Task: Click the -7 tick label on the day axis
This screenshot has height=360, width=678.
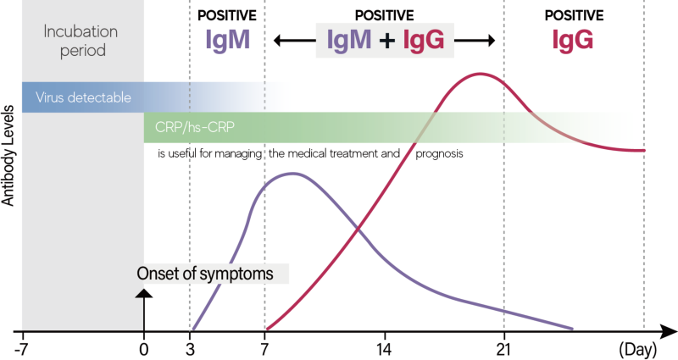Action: [22, 348]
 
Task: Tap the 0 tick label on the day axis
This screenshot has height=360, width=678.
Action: [144, 348]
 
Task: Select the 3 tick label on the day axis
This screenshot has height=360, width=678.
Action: [190, 348]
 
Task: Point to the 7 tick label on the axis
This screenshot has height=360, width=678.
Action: [265, 348]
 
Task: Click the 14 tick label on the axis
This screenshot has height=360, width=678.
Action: [384, 348]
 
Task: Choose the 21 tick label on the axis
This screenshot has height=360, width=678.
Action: [504, 348]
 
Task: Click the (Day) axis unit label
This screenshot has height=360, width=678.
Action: [637, 348]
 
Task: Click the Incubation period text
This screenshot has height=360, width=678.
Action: [75, 41]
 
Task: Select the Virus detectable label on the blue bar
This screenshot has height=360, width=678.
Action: [83, 97]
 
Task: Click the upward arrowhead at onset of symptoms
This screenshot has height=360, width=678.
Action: [144, 292]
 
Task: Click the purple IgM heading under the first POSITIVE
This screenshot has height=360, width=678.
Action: [227, 40]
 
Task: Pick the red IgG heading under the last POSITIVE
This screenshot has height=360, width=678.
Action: [573, 40]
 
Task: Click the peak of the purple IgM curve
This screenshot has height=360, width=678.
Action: [292, 174]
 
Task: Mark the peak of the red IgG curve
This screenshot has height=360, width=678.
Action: [481, 74]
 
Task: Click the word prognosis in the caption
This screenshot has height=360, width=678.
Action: [439, 155]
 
